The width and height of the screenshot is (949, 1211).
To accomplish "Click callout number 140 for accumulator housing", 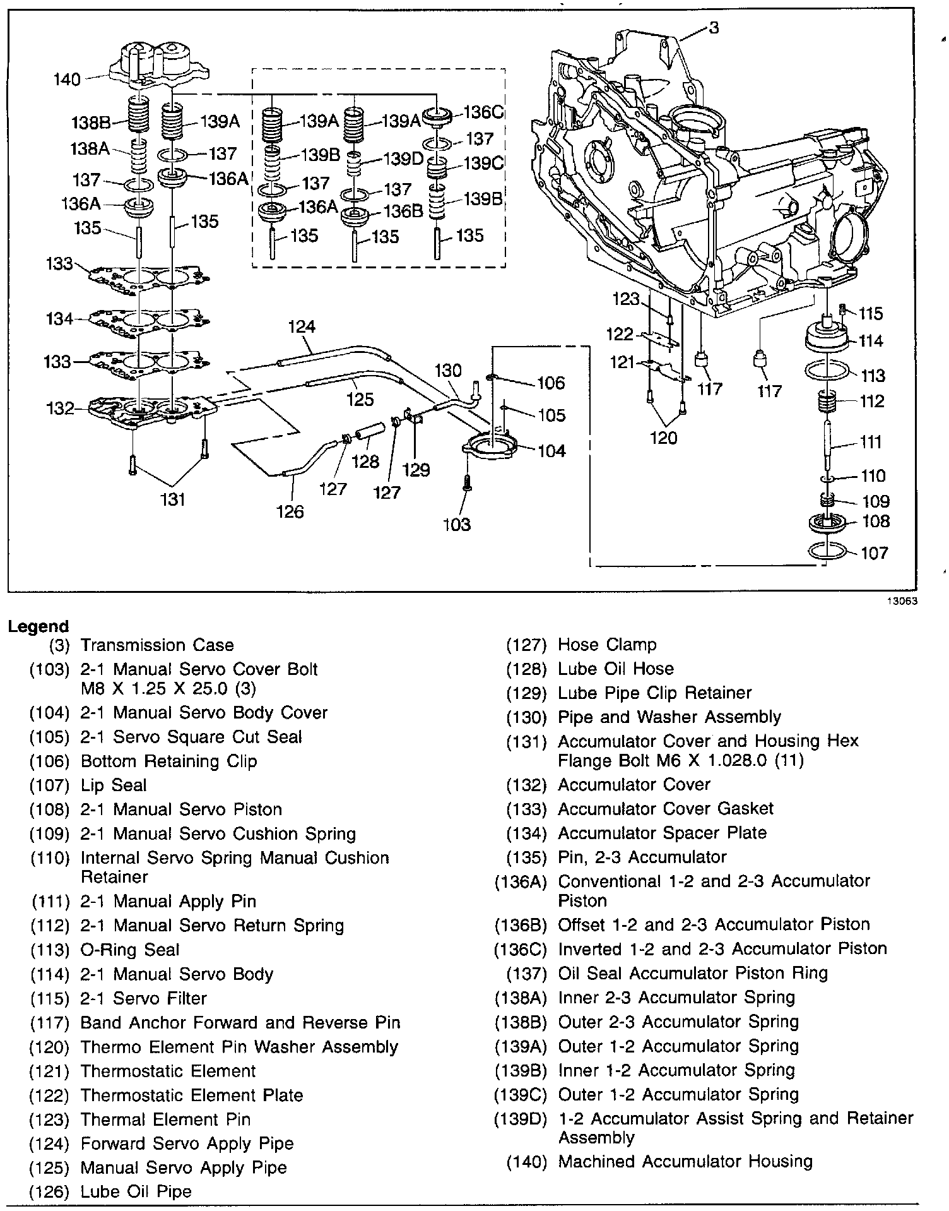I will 67,80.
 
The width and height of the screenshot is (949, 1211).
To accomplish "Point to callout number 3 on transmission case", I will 713,28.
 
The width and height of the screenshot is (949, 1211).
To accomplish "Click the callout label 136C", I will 483,112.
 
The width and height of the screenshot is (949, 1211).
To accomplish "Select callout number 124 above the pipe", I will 302,327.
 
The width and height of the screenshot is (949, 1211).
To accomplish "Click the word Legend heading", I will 38,626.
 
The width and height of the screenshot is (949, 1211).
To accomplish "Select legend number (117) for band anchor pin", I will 49,1023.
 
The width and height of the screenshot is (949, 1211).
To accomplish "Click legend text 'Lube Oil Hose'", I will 615,669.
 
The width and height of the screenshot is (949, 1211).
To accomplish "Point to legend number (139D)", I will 520,1118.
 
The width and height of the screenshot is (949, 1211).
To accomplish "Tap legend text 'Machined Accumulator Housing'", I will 685,1161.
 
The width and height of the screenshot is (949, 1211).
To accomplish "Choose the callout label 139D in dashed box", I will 404,158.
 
